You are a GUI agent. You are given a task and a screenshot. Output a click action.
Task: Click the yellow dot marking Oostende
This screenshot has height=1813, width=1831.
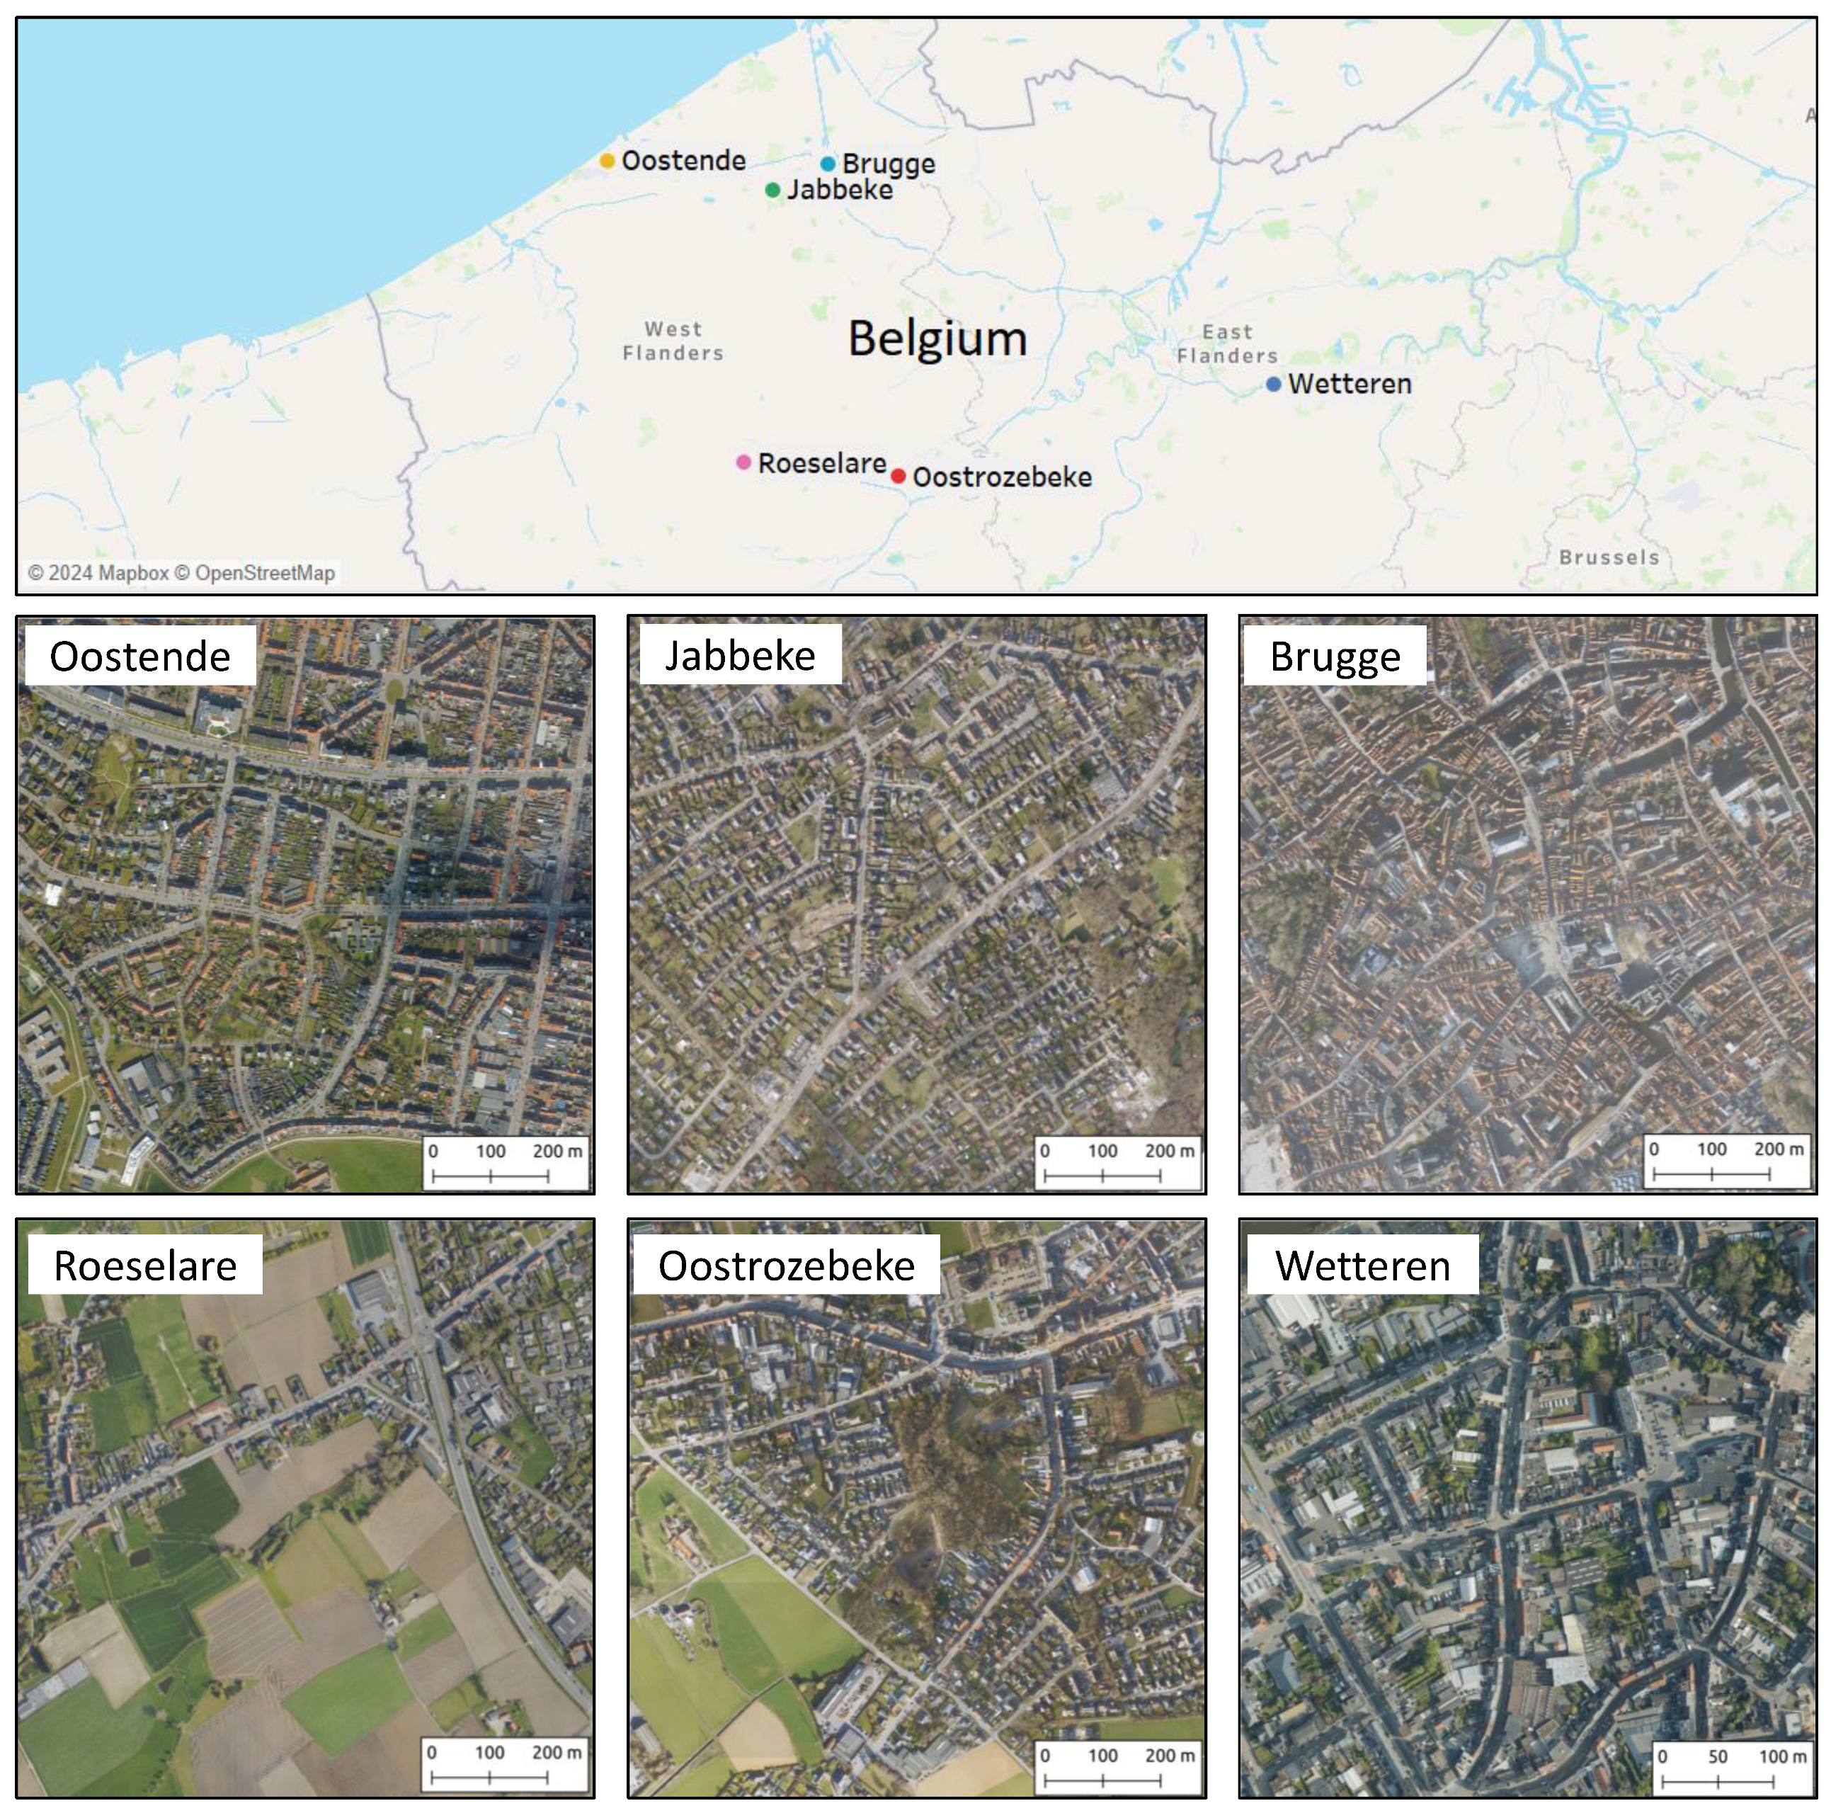[607, 161]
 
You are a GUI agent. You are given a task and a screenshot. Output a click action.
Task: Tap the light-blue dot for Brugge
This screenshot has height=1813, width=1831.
[828, 164]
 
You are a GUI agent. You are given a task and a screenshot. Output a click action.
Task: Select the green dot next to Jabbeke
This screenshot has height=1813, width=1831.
[772, 191]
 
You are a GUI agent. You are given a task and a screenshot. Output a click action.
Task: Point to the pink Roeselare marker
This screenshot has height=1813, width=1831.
[744, 462]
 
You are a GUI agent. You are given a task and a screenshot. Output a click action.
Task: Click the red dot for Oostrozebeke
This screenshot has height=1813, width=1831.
[898, 476]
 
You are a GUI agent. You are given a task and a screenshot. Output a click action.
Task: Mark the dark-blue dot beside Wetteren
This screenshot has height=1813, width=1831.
[1274, 384]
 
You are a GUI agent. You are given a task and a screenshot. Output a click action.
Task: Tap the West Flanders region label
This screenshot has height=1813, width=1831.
[673, 341]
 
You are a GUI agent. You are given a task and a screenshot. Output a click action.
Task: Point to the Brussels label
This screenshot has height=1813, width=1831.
[1609, 557]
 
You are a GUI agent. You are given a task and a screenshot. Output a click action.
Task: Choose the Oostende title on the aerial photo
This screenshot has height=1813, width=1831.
[140, 656]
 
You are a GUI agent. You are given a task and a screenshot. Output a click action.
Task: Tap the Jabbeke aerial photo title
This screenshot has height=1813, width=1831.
[739, 655]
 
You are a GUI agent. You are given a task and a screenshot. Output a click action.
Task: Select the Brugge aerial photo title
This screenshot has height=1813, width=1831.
[1335, 656]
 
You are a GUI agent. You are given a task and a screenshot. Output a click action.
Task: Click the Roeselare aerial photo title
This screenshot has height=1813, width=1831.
[145, 1266]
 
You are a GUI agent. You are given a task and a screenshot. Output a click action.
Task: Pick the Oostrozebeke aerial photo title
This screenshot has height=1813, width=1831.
[787, 1266]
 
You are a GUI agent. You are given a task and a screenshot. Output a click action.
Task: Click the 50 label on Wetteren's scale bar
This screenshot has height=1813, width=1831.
[1717, 1756]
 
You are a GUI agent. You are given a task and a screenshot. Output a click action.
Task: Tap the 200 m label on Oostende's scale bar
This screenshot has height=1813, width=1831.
[557, 1151]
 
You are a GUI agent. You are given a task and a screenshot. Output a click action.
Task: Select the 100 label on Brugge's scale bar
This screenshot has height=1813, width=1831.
[1711, 1149]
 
